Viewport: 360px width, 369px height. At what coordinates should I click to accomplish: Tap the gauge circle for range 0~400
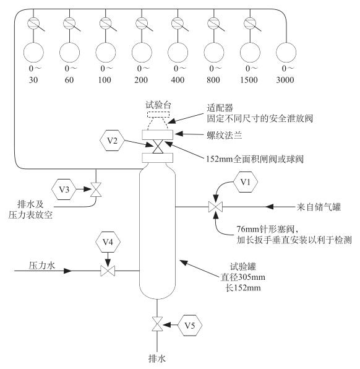(178, 51)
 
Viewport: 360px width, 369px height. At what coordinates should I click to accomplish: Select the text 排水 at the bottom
(159, 358)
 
